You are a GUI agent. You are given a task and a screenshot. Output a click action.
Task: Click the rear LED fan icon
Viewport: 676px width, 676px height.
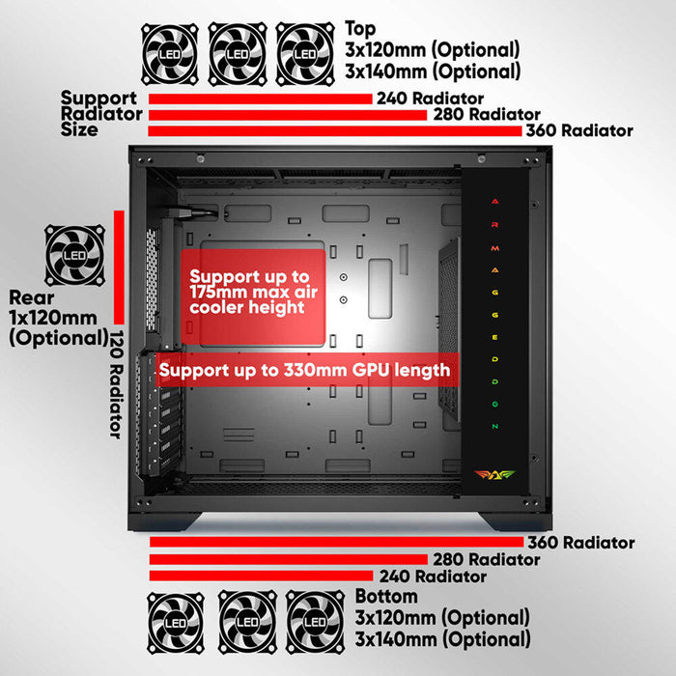[x=75, y=255]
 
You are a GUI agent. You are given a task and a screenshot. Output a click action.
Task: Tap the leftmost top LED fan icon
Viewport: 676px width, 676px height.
[x=170, y=54]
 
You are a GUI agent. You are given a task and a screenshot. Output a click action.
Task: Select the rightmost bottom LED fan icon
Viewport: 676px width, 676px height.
[x=315, y=622]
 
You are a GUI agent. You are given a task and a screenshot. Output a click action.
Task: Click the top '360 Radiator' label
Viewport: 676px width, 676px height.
[x=579, y=130]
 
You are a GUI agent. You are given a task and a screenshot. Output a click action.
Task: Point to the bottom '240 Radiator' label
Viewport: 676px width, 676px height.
[x=433, y=577]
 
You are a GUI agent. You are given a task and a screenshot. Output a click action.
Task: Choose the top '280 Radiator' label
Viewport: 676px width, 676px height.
[x=487, y=114]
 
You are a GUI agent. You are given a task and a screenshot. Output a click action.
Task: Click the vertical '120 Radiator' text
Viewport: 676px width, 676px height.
[x=117, y=384]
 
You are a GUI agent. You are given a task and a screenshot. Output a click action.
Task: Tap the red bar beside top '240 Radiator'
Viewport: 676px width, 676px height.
[x=261, y=99]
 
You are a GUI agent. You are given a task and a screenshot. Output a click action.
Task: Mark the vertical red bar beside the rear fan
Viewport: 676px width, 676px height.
[x=119, y=268]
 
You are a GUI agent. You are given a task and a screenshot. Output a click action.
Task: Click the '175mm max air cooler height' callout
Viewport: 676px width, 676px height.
[x=253, y=296]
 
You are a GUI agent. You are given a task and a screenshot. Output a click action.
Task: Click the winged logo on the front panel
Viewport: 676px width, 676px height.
[x=494, y=475]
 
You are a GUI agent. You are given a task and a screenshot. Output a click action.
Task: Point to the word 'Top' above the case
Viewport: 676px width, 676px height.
[x=360, y=29]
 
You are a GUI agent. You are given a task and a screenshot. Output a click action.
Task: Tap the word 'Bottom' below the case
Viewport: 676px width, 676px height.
[x=386, y=597]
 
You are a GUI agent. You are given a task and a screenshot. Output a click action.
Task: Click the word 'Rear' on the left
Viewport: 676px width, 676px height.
[x=32, y=297]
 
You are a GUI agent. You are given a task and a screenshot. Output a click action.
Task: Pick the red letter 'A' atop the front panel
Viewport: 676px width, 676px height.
[x=494, y=201]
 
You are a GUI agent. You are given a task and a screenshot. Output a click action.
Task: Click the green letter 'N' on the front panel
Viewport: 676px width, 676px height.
[x=494, y=427]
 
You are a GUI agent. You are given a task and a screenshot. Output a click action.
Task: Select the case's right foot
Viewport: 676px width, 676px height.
[x=515, y=521]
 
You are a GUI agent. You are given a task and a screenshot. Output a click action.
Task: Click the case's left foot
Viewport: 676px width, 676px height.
[x=165, y=521]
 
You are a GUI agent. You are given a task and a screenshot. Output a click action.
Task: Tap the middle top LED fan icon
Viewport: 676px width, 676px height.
[x=238, y=54]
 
